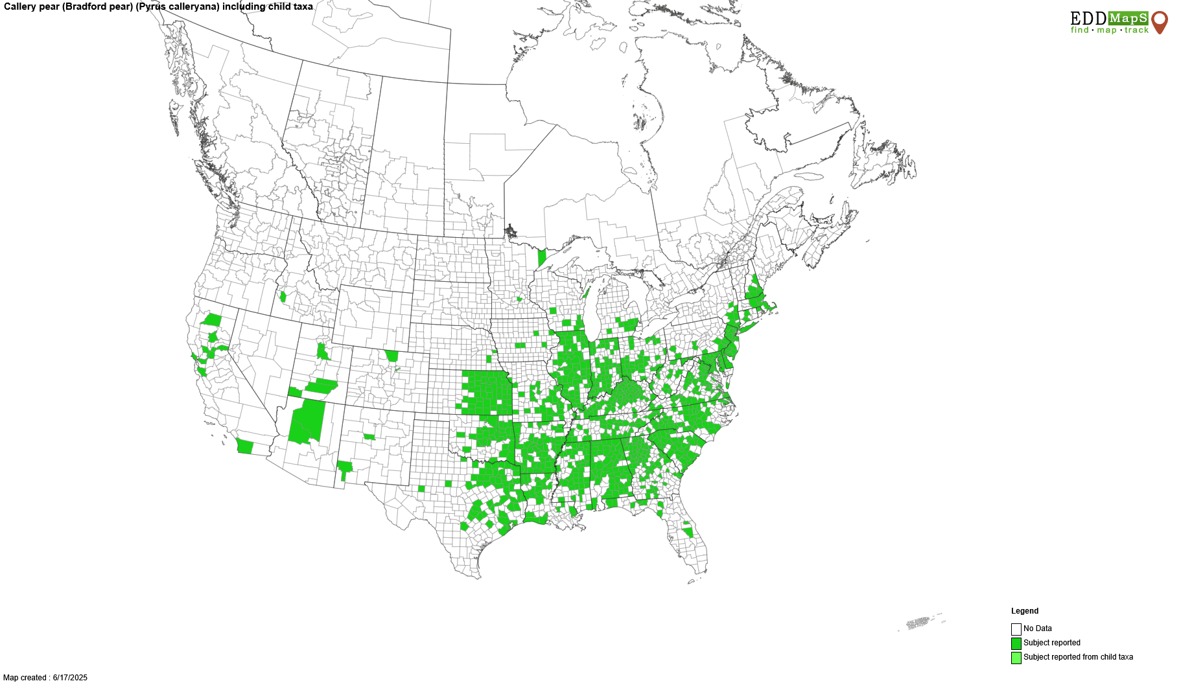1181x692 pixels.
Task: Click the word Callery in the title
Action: coord(20,6)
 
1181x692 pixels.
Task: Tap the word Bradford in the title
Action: coord(84,6)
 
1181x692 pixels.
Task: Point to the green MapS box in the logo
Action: coord(1128,18)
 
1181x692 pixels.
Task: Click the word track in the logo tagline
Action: coord(1136,30)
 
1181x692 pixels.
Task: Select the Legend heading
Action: coord(1025,611)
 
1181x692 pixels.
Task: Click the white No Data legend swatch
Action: coord(1016,629)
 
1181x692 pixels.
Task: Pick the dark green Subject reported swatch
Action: coord(1016,643)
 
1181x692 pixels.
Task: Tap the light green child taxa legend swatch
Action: coord(1016,658)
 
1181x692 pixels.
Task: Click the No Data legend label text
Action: coord(1038,629)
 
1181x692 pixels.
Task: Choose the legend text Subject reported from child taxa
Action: coord(1078,657)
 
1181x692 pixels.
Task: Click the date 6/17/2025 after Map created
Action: coord(70,678)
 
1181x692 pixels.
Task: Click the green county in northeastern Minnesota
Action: coord(542,258)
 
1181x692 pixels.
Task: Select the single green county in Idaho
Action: coord(283,297)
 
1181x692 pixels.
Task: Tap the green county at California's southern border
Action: coord(245,446)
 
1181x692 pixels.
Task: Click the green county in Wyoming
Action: coord(392,356)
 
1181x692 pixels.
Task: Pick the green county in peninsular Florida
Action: coord(688,532)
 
